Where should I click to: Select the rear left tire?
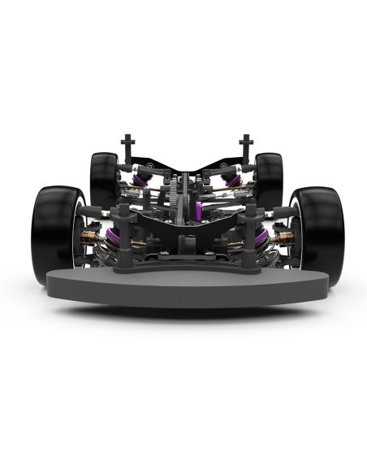(103, 179)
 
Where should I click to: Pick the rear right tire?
(269, 179)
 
